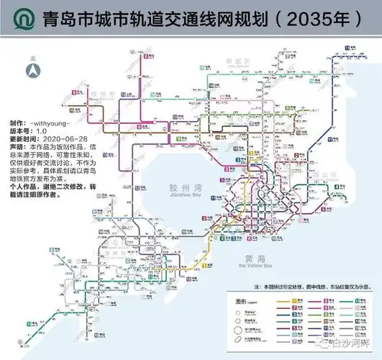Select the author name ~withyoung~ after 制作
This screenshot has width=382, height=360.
coord(58,124)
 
